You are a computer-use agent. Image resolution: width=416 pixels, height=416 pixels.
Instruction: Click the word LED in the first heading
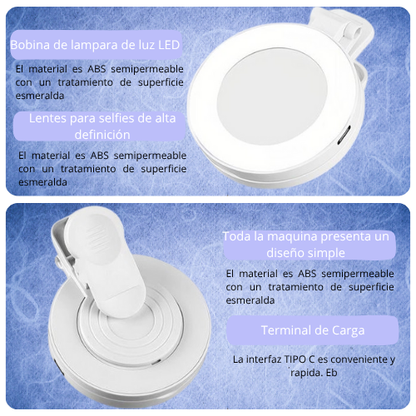point(169,45)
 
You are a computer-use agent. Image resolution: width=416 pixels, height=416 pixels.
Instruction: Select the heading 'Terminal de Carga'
point(313,330)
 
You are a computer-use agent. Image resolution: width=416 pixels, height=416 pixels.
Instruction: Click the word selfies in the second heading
point(116,118)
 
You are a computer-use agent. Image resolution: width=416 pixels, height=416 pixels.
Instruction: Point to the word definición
point(102,135)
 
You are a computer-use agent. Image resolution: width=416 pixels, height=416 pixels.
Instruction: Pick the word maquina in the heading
point(293,236)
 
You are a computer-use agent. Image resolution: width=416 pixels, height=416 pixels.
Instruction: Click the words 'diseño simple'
point(305,253)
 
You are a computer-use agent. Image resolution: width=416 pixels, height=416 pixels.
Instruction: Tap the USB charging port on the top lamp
point(344,135)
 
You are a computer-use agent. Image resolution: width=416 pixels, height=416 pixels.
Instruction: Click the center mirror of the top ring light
point(272,96)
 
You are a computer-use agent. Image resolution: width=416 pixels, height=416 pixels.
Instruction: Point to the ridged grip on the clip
point(95,236)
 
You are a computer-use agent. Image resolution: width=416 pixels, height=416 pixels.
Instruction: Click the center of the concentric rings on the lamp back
point(131,330)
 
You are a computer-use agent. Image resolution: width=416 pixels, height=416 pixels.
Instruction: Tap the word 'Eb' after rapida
point(332,373)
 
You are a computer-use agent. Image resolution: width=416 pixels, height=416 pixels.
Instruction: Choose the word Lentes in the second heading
point(48,118)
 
